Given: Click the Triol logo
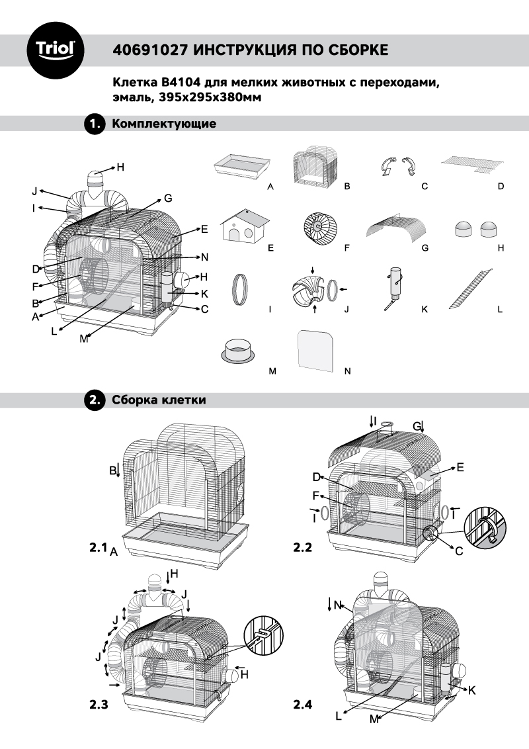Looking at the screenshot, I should click(x=55, y=49).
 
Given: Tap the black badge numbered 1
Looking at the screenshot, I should click(x=95, y=124).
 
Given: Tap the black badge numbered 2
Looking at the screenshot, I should click(x=95, y=400).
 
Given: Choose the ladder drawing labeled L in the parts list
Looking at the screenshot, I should click(x=471, y=287).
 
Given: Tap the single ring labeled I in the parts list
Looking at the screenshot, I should click(x=241, y=288).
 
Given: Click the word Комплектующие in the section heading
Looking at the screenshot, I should click(x=164, y=124).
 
